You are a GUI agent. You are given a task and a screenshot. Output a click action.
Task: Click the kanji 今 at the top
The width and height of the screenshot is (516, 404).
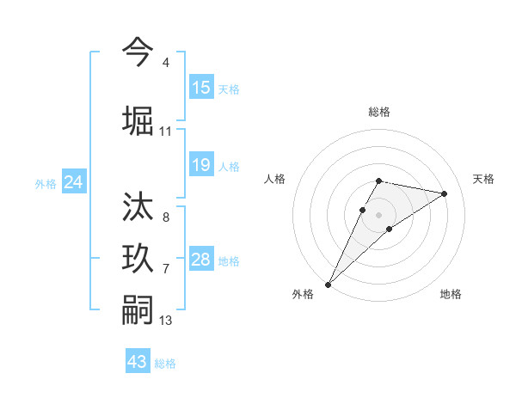click(x=138, y=52)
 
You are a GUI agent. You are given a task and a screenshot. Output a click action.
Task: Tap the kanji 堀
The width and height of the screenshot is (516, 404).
click(x=138, y=119)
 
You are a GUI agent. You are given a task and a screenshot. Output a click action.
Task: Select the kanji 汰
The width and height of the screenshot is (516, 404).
click(x=138, y=207)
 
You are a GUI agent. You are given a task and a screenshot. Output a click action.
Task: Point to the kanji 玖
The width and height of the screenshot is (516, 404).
click(x=138, y=259)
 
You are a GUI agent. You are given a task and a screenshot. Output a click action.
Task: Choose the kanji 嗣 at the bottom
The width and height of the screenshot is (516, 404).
click(x=138, y=309)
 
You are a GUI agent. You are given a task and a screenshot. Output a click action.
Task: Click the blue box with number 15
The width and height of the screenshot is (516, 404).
click(x=201, y=87)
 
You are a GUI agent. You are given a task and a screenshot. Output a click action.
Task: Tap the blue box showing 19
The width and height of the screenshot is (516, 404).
click(x=201, y=165)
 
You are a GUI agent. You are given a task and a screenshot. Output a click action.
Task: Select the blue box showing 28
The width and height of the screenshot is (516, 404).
click(x=201, y=260)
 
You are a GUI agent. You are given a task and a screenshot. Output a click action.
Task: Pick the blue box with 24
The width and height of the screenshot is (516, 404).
click(x=74, y=182)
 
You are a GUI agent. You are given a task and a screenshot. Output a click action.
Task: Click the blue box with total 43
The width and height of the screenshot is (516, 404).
click(x=138, y=362)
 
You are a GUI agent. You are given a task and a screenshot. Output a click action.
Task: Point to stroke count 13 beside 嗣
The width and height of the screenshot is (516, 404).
click(x=166, y=321)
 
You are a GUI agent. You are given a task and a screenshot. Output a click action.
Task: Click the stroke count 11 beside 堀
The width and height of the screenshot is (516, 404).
click(x=166, y=132)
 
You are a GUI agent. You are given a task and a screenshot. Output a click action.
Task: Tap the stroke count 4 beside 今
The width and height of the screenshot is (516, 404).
click(x=165, y=63)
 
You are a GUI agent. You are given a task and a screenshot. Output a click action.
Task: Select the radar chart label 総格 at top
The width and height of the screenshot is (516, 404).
click(x=379, y=112)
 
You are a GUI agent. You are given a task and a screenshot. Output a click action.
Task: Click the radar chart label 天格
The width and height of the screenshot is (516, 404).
click(x=484, y=179)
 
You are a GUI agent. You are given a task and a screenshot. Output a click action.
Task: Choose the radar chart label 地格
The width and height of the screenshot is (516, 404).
click(x=451, y=294)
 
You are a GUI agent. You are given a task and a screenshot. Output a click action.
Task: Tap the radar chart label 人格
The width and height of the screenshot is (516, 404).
click(x=274, y=179)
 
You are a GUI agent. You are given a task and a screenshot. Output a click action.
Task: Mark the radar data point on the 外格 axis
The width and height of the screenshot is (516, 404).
click(x=328, y=284)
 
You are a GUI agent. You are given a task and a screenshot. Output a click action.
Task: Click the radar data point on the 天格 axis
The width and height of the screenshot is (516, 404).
click(x=445, y=193)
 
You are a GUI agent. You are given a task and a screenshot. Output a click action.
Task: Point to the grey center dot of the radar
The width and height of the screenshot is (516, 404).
click(x=379, y=214)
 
